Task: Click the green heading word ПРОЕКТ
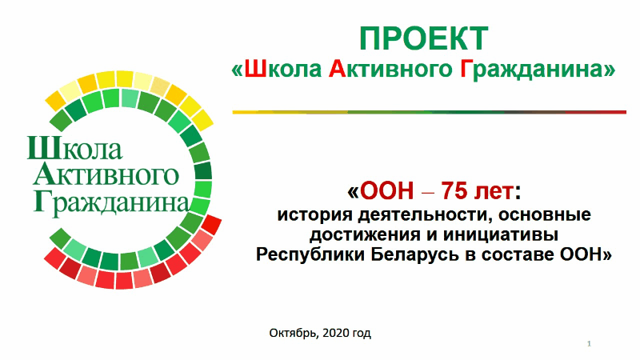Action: coord(422,39)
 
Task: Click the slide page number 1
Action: coord(588,344)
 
